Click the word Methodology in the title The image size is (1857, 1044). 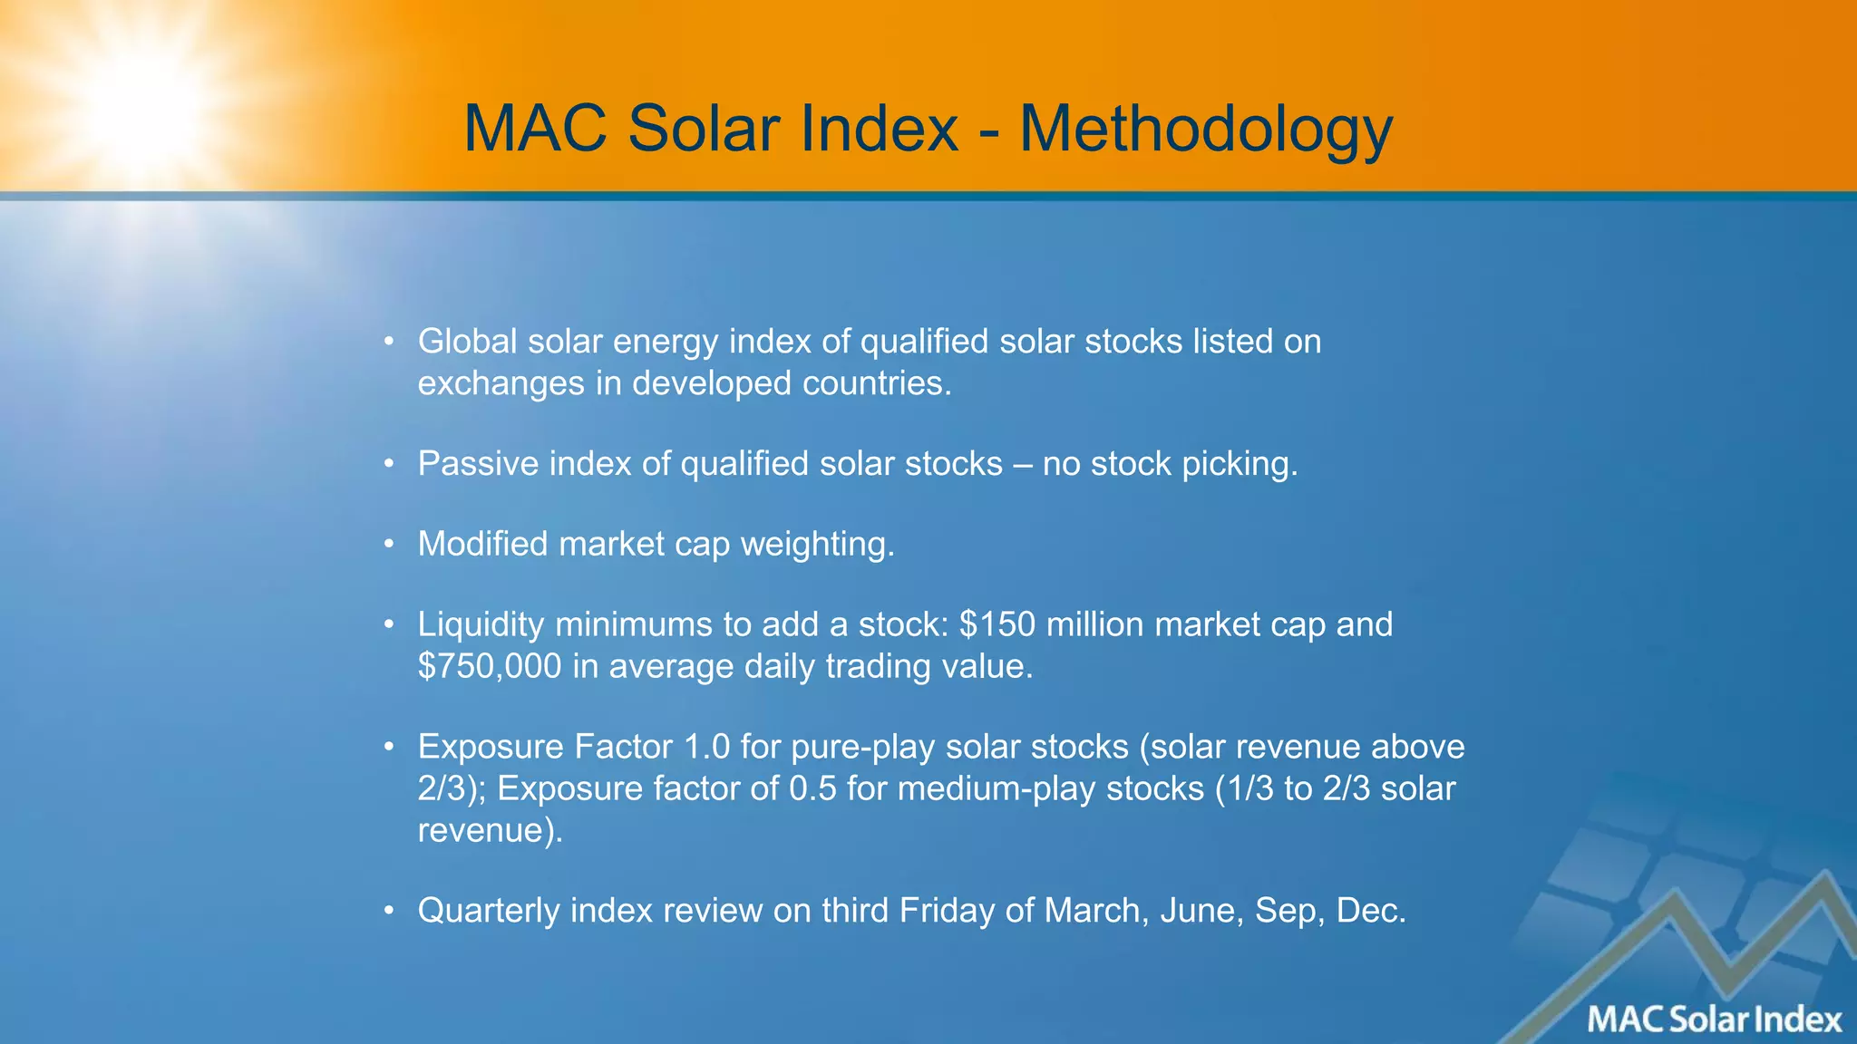pyautogui.click(x=1206, y=130)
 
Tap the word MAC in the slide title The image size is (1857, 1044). pyautogui.click(x=535, y=130)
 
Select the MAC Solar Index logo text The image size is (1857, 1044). pyautogui.click(x=1714, y=1020)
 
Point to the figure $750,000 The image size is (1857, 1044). pyautogui.click(x=490, y=666)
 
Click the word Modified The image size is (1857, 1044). pyautogui.click(x=482, y=544)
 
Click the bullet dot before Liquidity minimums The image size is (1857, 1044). pyautogui.click(x=389, y=624)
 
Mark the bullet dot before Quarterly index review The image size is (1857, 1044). pyautogui.click(x=389, y=911)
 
